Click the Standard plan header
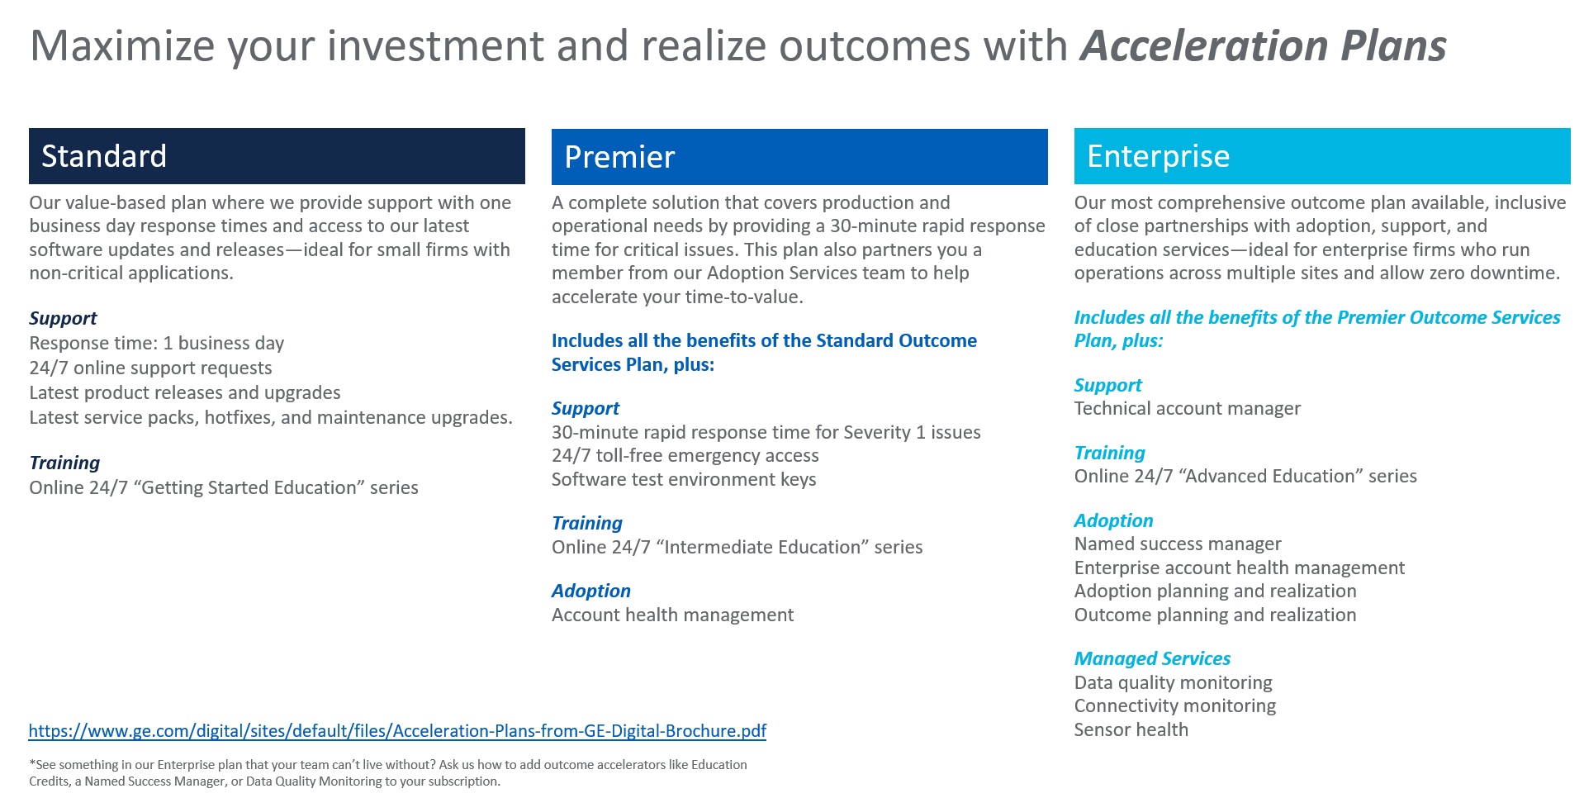277,156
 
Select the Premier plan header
799,157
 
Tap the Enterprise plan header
1321,156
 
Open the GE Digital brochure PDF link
397,730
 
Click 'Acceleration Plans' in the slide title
1264,45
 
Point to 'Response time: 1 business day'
157,343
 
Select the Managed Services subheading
1152,658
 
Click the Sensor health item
1131,729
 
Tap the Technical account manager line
1187,408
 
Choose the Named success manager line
1177,544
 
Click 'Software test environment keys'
684,479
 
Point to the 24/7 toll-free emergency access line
685,455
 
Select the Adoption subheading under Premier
590,591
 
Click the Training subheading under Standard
64,463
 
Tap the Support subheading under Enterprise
1107,385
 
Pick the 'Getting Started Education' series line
224,487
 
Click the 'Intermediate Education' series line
737,547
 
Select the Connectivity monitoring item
1174,705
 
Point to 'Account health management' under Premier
672,615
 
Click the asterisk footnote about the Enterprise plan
387,772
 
